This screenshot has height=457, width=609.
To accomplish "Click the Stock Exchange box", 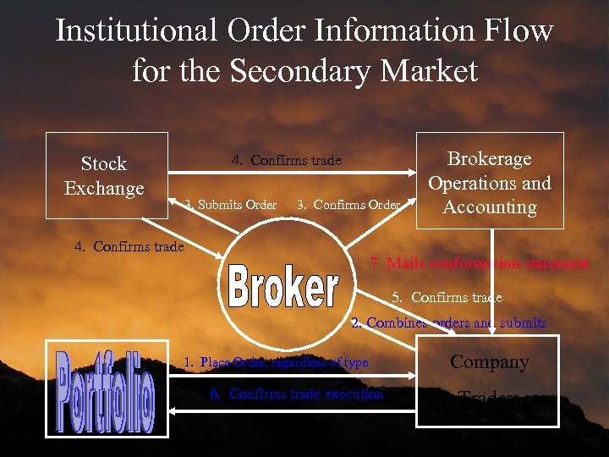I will pyautogui.click(x=106, y=175).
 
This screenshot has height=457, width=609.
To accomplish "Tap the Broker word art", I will pyautogui.click(x=283, y=289).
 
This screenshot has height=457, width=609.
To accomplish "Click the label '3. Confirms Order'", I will pyautogui.click(x=348, y=204).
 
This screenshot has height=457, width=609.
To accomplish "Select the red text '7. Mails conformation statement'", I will pyautogui.click(x=480, y=263).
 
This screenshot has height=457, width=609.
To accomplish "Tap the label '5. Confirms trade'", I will pyautogui.click(x=447, y=297).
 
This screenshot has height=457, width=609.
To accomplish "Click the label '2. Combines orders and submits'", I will pyautogui.click(x=449, y=322).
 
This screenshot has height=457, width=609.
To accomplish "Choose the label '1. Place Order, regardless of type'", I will pyautogui.click(x=277, y=362).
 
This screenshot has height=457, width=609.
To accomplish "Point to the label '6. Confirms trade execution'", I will pyautogui.click(x=297, y=394).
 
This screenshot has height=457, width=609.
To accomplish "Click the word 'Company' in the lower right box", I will pyautogui.click(x=489, y=362).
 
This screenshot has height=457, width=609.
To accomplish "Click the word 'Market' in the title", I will pyautogui.click(x=430, y=70).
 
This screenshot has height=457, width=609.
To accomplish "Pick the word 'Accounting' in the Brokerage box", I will pyautogui.click(x=490, y=207).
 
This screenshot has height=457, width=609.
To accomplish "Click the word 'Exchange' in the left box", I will pyautogui.click(x=104, y=188).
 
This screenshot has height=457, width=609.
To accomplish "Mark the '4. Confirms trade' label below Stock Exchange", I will pyautogui.click(x=129, y=246).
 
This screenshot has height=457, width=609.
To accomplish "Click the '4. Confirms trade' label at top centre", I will pyautogui.click(x=286, y=161).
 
